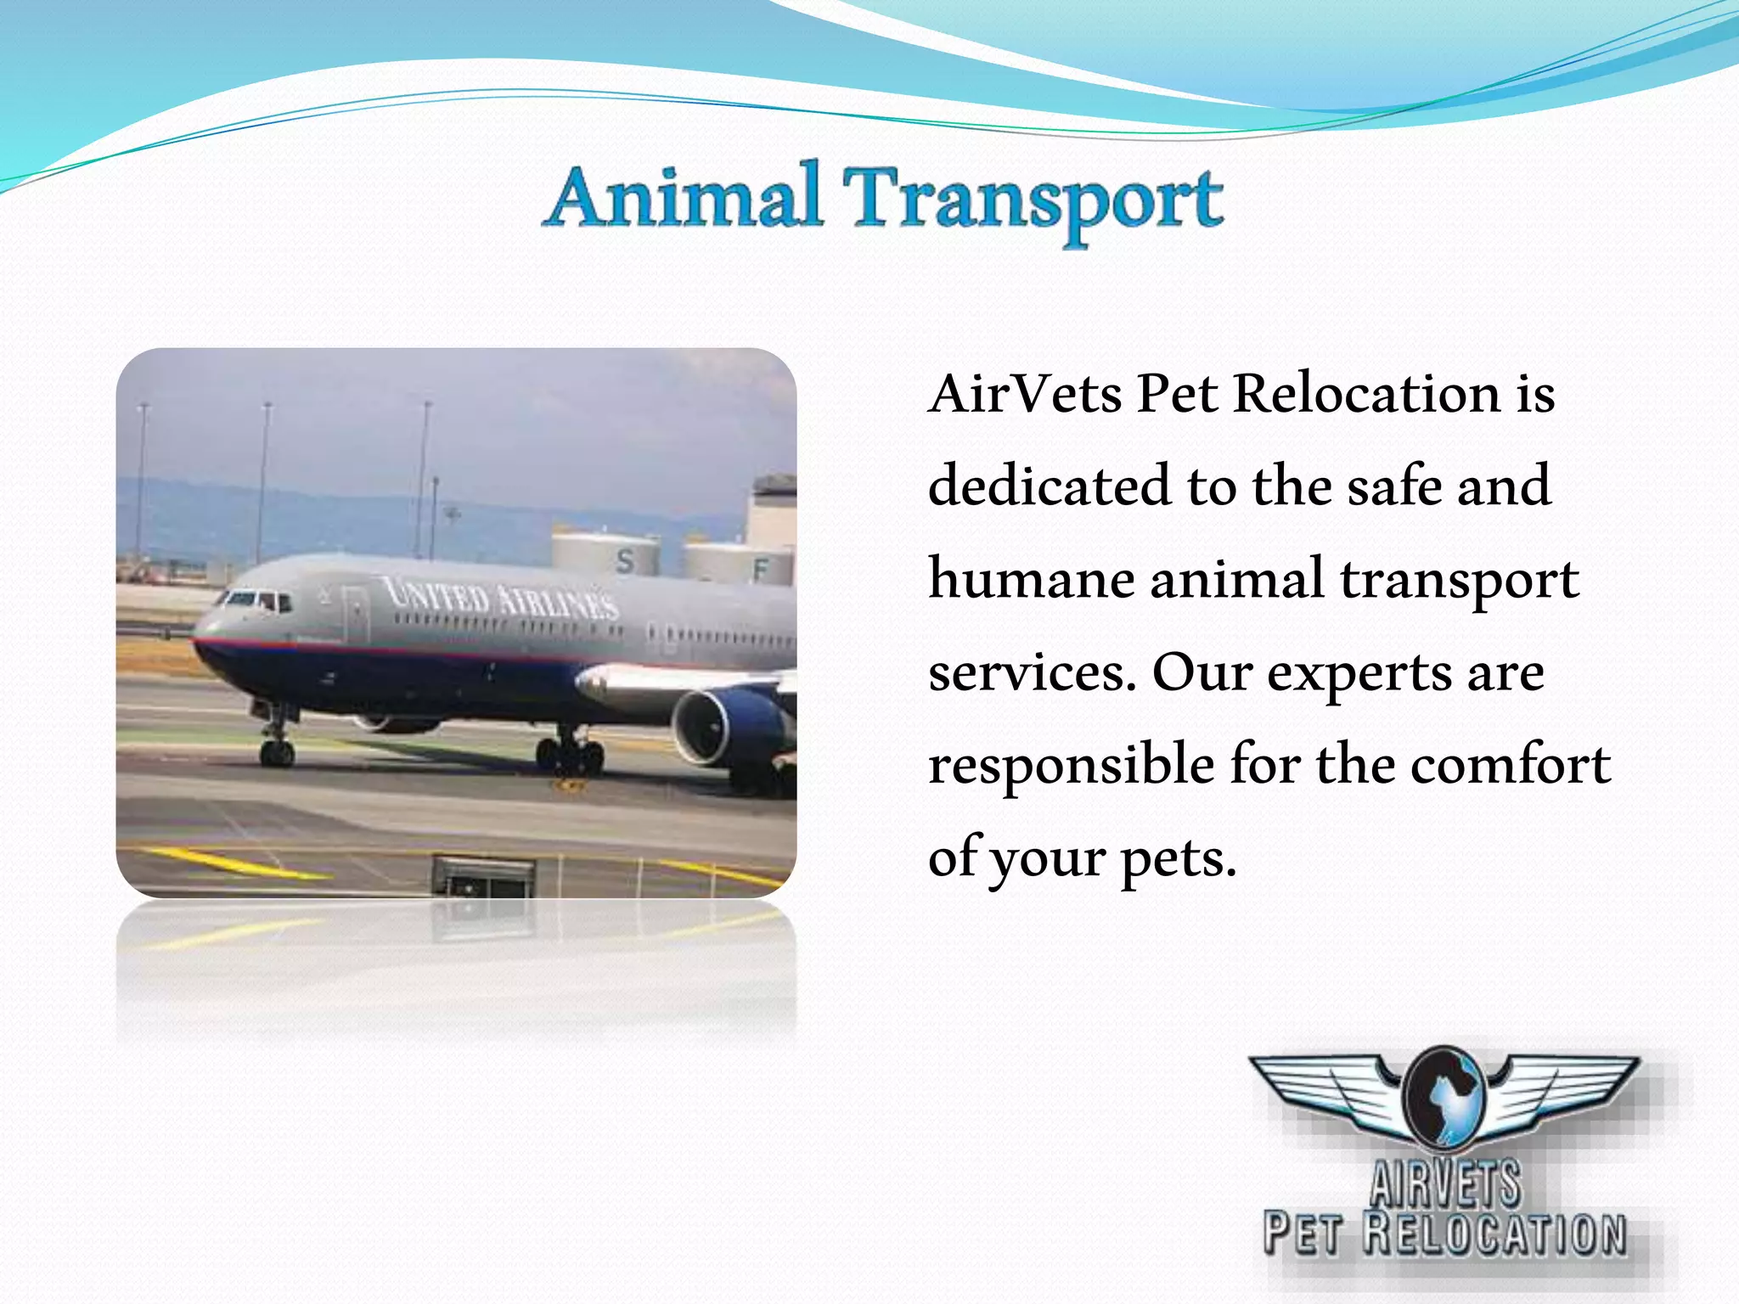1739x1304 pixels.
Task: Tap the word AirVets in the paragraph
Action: (1025, 395)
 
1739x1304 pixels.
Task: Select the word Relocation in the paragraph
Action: (1366, 395)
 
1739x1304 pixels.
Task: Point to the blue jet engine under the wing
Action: (722, 726)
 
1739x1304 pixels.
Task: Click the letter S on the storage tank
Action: (626, 561)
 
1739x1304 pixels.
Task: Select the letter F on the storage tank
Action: (760, 571)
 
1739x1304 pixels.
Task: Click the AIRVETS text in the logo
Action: (1445, 1183)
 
